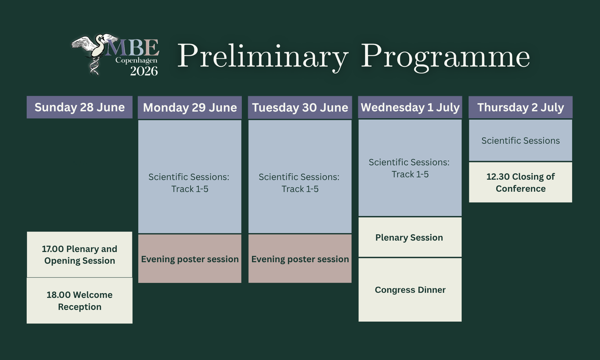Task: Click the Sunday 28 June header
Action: [79, 107]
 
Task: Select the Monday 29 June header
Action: [190, 107]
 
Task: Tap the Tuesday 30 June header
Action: [300, 107]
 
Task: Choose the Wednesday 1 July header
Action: [410, 107]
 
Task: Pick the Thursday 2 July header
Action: [520, 107]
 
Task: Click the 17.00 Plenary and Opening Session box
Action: [79, 255]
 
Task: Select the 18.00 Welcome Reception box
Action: [79, 301]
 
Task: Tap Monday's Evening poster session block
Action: [190, 259]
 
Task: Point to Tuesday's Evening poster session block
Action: [300, 259]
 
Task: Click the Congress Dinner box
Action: [410, 290]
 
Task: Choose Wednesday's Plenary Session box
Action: [410, 237]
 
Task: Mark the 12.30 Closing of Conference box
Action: [520, 182]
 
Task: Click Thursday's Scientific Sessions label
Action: [520, 140]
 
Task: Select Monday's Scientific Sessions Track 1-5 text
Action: [189, 183]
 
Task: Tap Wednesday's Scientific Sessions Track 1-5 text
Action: [409, 168]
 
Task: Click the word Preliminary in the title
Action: [263, 57]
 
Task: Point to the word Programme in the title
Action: [445, 57]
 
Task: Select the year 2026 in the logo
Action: [144, 71]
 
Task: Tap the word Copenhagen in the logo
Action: [136, 61]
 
